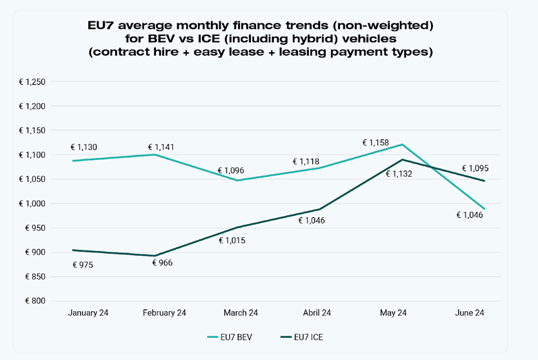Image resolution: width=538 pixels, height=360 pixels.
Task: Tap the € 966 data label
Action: [x=163, y=263]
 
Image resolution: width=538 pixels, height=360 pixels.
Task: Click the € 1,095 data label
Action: [x=475, y=168]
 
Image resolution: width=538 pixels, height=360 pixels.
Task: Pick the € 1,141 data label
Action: [x=163, y=147]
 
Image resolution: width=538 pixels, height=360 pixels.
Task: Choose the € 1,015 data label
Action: [x=232, y=241]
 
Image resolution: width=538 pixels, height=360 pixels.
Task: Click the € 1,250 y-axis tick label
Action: [x=32, y=82]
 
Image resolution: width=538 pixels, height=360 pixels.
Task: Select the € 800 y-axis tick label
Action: [x=36, y=301]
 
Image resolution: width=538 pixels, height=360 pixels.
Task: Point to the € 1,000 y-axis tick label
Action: [x=32, y=204]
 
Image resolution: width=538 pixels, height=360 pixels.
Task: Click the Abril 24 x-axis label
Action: [x=316, y=313]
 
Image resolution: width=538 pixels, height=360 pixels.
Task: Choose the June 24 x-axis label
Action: [x=469, y=313]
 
